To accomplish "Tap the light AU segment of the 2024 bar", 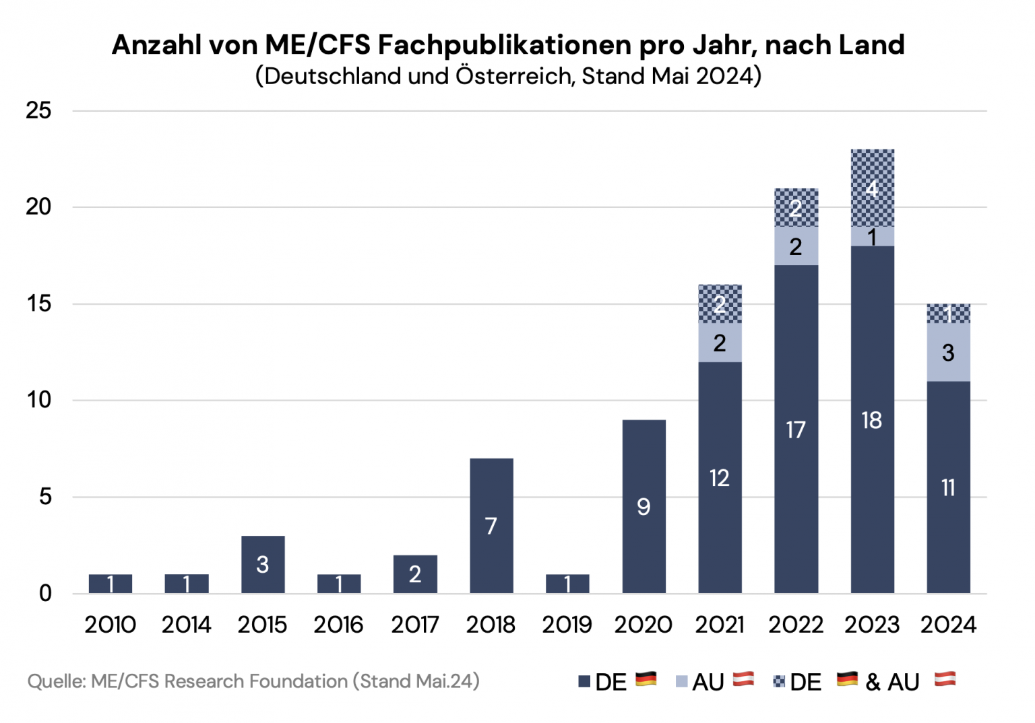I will tap(948, 352).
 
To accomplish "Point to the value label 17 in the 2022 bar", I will tap(796, 429).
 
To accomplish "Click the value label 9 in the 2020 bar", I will tap(644, 506).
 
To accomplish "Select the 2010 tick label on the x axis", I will tap(110, 625).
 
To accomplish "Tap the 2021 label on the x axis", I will tap(720, 625).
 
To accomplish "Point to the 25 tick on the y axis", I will tap(39, 110).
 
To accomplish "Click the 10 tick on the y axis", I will tap(39, 400).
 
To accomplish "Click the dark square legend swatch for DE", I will tap(584, 682).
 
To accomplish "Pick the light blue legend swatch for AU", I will tap(681, 682).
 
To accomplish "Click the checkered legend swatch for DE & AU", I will tap(780, 682).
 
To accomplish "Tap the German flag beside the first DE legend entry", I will tap(646, 679).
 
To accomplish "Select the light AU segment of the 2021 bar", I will tap(720, 343).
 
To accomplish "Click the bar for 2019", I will tap(567, 584).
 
